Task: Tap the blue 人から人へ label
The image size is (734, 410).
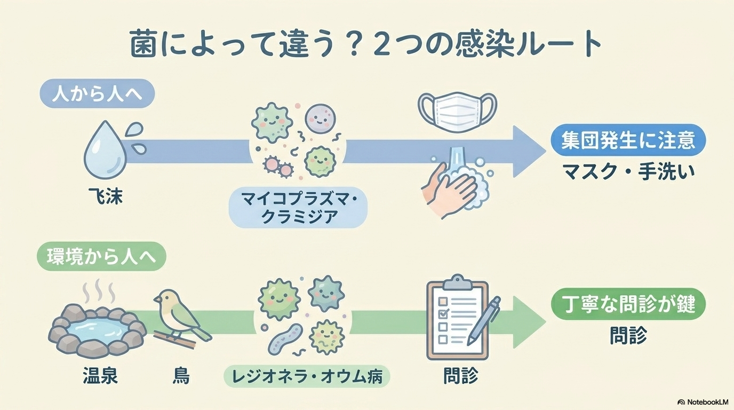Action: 97,96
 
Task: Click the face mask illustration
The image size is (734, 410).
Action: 457,111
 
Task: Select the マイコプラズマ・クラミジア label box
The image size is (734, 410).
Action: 298,209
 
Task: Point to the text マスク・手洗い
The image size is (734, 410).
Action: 628,172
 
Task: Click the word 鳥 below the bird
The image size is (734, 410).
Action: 181,376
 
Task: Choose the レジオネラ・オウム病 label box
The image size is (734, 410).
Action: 307,377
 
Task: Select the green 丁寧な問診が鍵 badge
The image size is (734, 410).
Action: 628,305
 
